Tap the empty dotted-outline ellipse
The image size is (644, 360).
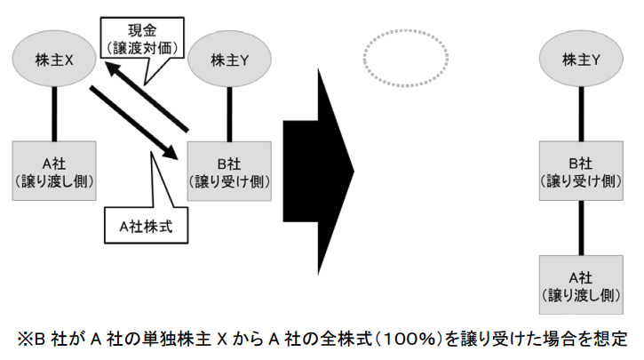[x=404, y=60]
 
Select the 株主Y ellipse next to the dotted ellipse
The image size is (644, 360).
[x=583, y=60]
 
